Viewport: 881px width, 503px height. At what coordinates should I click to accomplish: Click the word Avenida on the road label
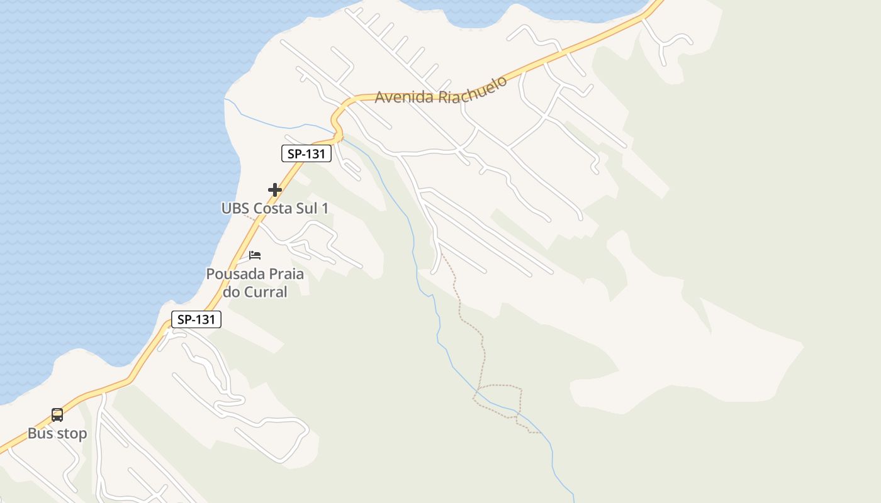coord(403,97)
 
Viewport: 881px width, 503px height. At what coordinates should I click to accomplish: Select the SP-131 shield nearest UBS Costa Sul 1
coord(306,153)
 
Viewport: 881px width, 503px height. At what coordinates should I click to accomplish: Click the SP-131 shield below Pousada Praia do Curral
coord(196,319)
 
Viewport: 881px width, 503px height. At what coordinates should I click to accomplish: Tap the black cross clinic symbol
coord(274,189)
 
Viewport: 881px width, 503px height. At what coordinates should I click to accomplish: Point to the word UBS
coord(235,208)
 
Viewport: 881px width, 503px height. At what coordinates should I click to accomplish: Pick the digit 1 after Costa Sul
coord(325,208)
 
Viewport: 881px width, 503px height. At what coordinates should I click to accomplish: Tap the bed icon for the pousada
coord(255,255)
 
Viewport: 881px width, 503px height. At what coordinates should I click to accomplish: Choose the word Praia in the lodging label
coord(286,274)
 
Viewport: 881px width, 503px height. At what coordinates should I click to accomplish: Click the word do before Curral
coord(232,292)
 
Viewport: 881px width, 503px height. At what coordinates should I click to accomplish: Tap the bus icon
coord(57,415)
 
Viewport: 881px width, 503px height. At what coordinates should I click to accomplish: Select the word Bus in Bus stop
coord(40,433)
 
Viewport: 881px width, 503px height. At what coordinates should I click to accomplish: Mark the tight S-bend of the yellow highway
coord(337,123)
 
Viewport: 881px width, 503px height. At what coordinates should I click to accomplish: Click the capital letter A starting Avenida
coord(380,97)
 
